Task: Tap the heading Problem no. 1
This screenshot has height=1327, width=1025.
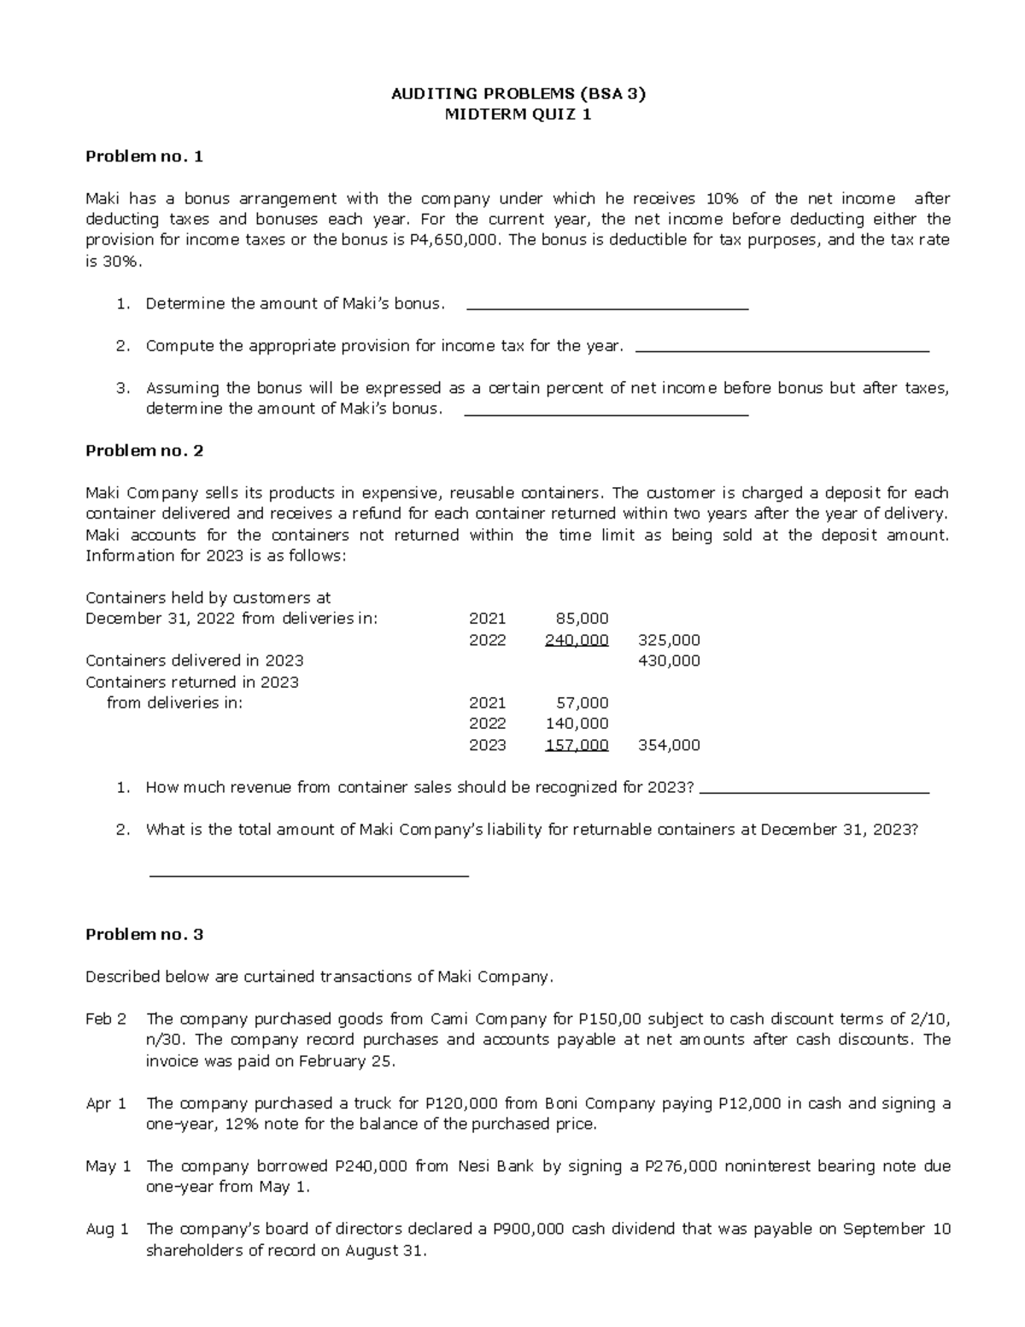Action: pos(144,156)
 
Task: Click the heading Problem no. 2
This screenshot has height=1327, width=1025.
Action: pos(144,450)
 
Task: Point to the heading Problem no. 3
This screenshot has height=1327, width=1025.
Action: pos(144,934)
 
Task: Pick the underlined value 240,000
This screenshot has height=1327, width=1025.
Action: pos(577,640)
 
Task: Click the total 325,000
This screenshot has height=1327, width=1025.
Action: pos(669,640)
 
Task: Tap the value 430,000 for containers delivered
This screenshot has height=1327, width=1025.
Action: pos(669,661)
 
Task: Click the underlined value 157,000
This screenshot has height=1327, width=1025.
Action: pos(577,745)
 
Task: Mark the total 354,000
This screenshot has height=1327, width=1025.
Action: pos(669,745)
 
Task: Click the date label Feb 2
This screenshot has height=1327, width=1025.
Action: pos(106,1019)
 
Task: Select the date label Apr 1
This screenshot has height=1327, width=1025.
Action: pos(106,1103)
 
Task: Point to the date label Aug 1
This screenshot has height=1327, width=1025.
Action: pos(107,1230)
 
